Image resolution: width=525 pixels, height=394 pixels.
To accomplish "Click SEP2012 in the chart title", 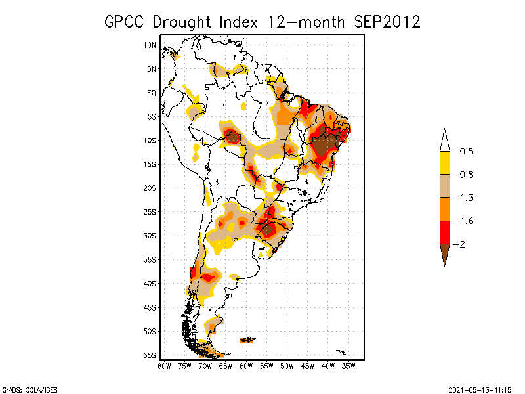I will (387, 21).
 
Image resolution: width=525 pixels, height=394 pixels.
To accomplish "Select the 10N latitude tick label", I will (150, 45).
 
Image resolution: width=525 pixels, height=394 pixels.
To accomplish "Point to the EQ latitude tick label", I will (152, 93).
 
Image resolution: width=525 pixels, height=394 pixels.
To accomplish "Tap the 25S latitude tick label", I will (150, 212).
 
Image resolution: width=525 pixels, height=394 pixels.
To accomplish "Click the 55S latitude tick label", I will (150, 355).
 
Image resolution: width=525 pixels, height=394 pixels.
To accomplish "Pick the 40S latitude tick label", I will (150, 284).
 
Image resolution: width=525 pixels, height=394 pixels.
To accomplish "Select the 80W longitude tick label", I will (164, 366).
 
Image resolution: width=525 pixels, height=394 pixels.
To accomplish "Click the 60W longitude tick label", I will (246, 366).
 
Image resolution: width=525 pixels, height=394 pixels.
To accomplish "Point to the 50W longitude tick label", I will (287, 366).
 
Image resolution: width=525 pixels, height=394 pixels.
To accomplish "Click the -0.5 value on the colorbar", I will (466, 152).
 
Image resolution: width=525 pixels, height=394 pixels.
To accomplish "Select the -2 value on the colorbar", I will (463, 244).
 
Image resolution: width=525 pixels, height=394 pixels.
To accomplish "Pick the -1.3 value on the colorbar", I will (466, 198).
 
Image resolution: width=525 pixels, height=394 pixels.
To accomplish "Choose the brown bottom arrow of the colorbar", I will (444, 253).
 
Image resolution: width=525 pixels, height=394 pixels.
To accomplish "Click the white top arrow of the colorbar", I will (444, 140).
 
